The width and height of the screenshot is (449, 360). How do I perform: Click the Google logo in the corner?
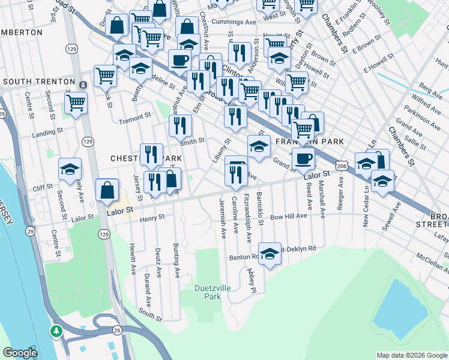coord(20,353)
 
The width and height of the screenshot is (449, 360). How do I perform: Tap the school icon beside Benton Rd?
coord(270,252)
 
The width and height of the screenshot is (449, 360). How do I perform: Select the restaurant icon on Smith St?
coord(179,125)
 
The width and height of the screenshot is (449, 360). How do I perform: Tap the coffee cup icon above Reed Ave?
coord(304,158)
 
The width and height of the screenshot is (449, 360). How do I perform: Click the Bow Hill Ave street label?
coord(288,216)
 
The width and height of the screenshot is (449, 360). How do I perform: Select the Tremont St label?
coord(134,116)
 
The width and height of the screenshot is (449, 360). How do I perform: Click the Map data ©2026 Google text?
coord(411,355)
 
